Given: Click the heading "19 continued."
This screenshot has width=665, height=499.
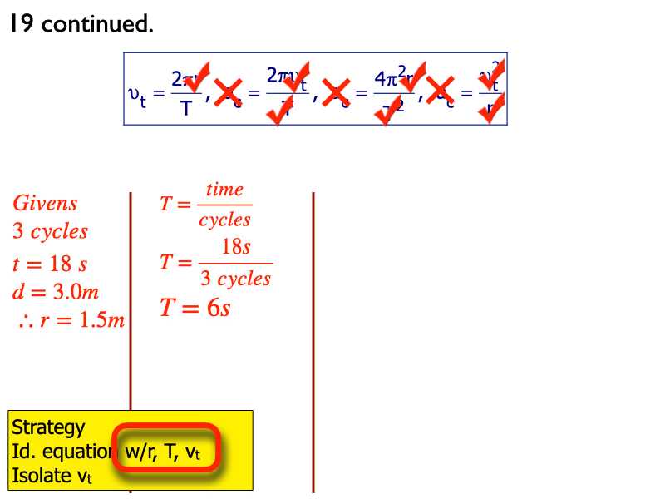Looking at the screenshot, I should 81,24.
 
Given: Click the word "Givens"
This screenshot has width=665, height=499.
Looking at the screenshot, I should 45,203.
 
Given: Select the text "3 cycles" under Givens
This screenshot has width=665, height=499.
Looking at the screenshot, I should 50,231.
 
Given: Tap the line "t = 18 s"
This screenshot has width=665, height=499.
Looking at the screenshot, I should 50,264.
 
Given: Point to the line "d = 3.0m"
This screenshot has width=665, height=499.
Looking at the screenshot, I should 56,292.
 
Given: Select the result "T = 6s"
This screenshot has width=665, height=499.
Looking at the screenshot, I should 195,308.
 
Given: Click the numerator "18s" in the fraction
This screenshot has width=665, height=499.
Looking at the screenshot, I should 236,247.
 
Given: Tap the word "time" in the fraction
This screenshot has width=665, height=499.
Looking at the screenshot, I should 224,190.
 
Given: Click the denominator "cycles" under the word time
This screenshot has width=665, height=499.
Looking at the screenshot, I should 224,220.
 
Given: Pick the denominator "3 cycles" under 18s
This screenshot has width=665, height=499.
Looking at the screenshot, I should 236,279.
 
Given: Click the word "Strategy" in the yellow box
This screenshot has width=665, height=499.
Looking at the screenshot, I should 48,427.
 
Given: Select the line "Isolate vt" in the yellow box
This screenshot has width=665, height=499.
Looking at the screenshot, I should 52,477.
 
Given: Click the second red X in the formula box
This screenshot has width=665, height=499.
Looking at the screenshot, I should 337,90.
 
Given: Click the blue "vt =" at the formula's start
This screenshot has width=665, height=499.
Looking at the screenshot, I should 145,91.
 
